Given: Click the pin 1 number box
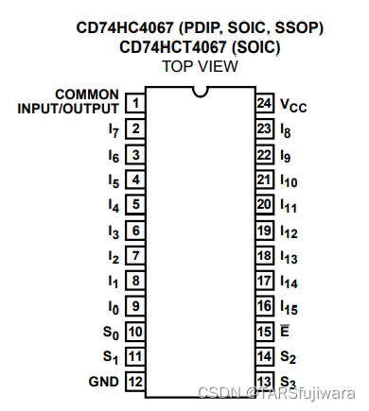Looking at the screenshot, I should pos(136,102).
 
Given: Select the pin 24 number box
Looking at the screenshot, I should pos(265,102).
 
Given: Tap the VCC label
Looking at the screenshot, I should pos(293,104).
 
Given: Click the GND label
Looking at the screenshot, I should pos(102,382).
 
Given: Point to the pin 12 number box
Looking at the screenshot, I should pos(136,382).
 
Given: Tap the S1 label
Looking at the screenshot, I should pos(110,356).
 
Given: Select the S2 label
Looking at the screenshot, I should pos(288,357).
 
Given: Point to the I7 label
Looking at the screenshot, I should pos(114,128).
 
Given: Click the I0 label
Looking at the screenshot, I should pos(114,306).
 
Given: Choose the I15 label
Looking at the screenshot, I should pos(289,306).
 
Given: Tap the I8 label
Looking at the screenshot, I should pos(286,128).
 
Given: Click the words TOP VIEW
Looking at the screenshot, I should pos(200,65).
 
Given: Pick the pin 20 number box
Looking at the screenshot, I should pos(265,204).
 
